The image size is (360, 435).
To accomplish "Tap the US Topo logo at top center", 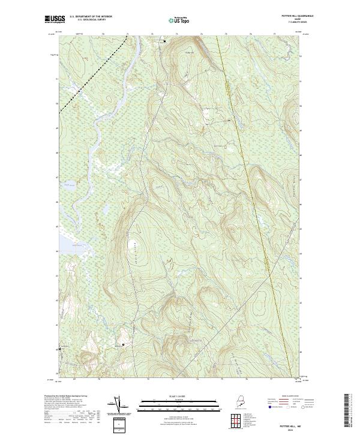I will [179, 19].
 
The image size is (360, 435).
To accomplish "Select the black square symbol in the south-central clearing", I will [124, 344].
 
